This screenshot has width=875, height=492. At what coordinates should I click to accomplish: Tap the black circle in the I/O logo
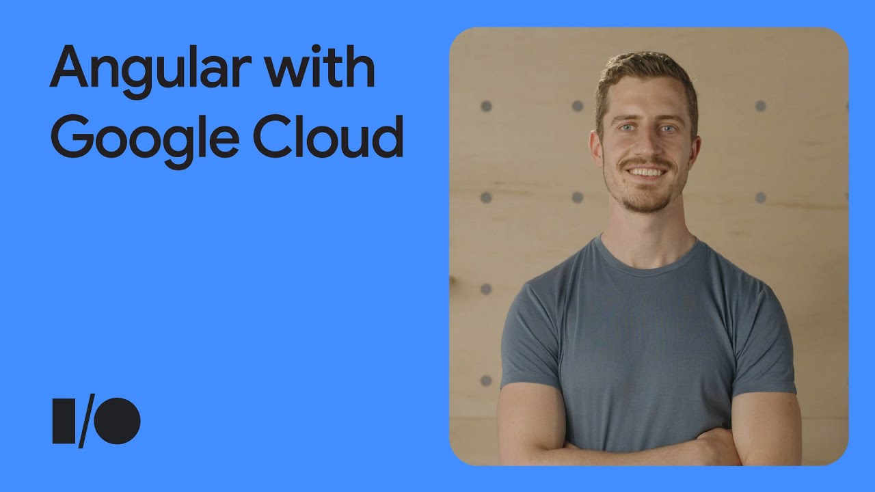point(117,420)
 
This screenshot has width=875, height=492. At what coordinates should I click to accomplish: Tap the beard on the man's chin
point(647,199)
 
